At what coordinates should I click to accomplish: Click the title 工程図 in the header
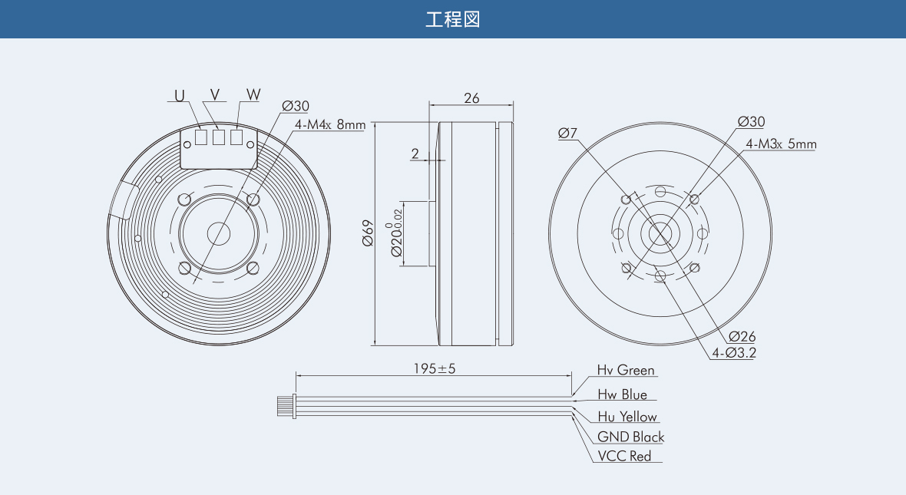click(452, 19)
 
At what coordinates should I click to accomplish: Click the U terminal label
click(180, 95)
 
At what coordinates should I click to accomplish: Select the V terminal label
click(215, 94)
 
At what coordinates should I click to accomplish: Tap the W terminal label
click(253, 94)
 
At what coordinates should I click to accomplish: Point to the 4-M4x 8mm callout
click(330, 124)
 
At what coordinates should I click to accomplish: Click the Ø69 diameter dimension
click(368, 233)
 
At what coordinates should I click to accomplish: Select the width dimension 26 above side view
click(471, 98)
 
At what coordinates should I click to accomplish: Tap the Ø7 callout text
click(567, 133)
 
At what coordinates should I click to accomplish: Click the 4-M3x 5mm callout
click(781, 144)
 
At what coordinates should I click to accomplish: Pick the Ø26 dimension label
click(742, 336)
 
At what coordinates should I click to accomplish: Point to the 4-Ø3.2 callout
click(734, 353)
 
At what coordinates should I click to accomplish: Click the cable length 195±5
click(435, 368)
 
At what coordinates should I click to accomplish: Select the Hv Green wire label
click(626, 370)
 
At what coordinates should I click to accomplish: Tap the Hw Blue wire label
click(622, 394)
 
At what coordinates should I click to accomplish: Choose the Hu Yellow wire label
click(627, 417)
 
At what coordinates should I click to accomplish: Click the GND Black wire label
click(630, 437)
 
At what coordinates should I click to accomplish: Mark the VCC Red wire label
click(624, 456)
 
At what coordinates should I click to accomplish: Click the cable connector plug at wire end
click(286, 406)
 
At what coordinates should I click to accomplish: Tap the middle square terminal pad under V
click(218, 137)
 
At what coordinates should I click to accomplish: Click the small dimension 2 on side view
click(415, 153)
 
